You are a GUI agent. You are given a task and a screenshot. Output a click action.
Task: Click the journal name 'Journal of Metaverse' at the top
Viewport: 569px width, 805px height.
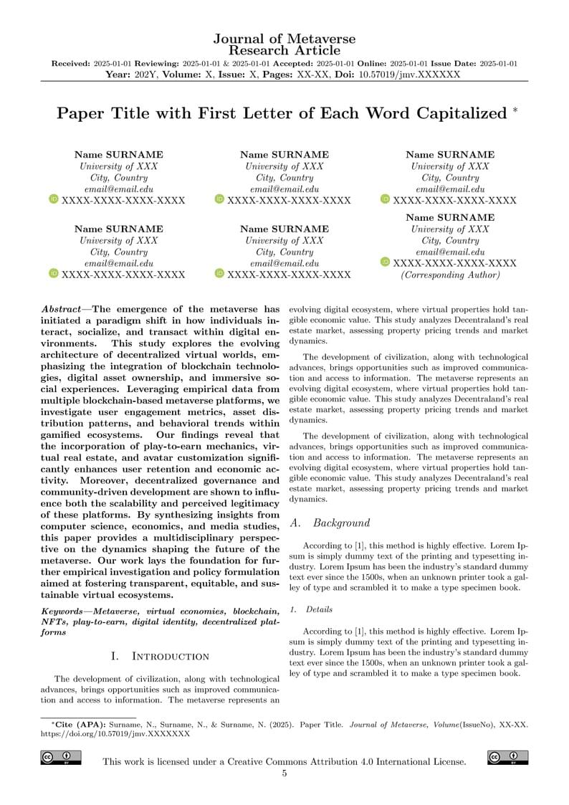(x=284, y=39)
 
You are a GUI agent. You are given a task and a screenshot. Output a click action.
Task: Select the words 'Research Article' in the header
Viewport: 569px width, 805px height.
(x=284, y=50)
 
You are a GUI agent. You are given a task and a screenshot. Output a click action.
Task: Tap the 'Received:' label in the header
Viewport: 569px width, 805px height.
(x=71, y=64)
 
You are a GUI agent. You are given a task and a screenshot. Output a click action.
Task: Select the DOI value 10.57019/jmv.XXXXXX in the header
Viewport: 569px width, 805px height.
(x=409, y=74)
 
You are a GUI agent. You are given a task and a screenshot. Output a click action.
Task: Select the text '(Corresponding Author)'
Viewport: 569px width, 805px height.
(x=450, y=275)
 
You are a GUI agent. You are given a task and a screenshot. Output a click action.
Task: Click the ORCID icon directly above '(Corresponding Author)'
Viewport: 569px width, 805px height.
(x=385, y=263)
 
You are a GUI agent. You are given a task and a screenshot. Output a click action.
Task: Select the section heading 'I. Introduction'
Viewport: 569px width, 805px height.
(x=160, y=656)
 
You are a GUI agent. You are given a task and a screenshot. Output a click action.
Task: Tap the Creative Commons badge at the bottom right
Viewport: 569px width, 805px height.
(x=507, y=758)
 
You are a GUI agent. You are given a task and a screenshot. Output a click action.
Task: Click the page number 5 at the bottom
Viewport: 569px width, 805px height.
(x=284, y=773)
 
